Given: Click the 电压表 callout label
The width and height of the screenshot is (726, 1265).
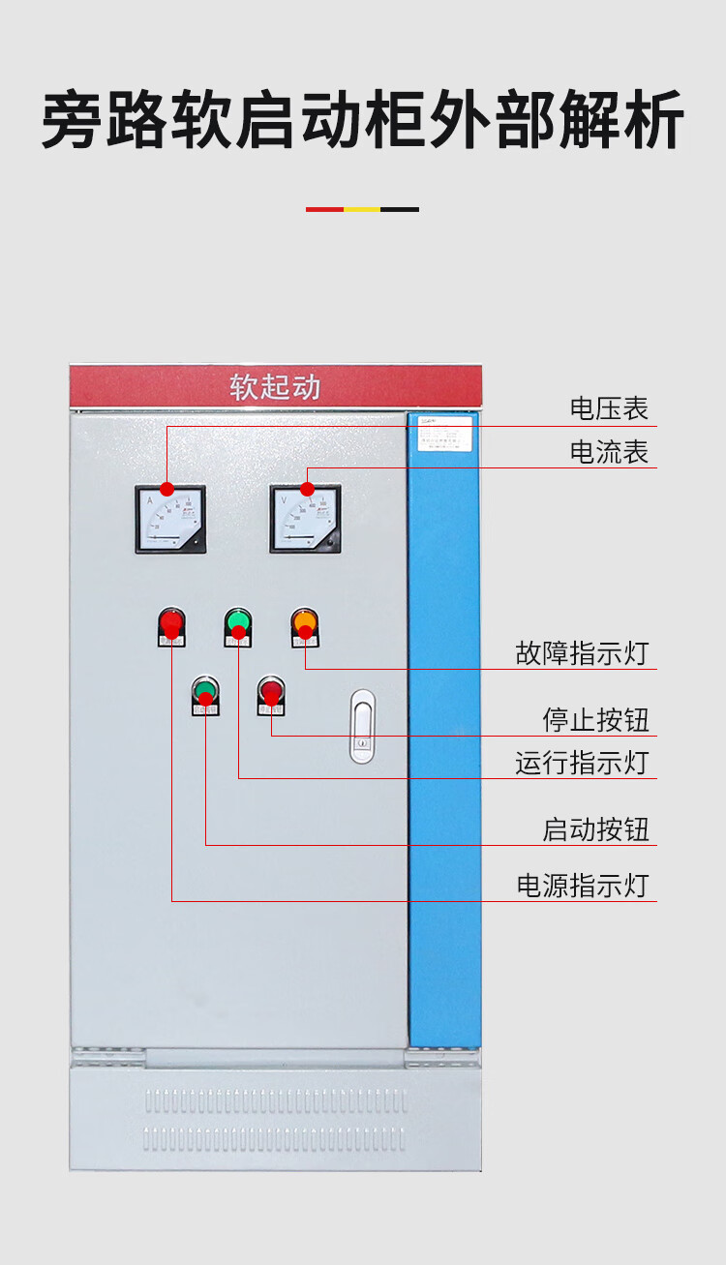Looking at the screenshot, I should (x=608, y=408).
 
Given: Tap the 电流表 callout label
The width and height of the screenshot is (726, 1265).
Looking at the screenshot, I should (x=608, y=452).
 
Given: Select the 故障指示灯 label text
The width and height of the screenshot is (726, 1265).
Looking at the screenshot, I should (x=581, y=653).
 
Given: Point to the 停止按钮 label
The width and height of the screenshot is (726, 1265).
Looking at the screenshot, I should (x=594, y=720).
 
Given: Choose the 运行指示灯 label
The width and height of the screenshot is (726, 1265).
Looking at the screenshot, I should (x=581, y=763).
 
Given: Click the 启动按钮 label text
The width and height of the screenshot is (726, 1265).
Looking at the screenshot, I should (x=594, y=829).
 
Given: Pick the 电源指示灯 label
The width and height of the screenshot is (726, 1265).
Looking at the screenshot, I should (x=581, y=886).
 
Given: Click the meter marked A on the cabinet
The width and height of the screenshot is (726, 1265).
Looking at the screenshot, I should (x=170, y=520).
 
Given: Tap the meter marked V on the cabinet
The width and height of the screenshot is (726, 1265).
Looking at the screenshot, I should (x=305, y=520).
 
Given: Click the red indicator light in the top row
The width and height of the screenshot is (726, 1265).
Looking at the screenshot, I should (x=171, y=620).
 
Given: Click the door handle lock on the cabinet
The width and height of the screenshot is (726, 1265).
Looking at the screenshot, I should (x=362, y=726).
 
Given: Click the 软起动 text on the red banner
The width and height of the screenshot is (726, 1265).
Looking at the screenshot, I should (x=275, y=387).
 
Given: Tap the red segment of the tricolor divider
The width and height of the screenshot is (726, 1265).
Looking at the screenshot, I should (x=325, y=209).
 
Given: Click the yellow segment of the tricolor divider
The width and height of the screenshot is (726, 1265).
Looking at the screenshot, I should (x=362, y=209).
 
